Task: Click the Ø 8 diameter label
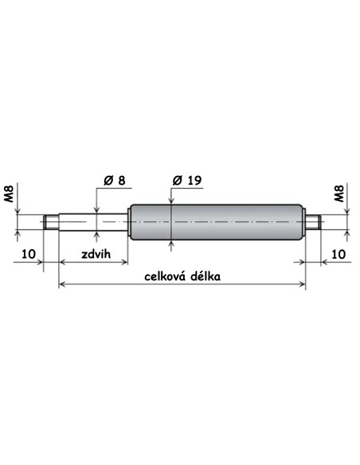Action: (x=115, y=180)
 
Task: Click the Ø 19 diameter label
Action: (x=187, y=180)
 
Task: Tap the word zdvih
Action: (x=96, y=254)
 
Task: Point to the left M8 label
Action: (x=9, y=193)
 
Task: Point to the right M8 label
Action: (x=338, y=193)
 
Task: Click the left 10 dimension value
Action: (x=29, y=254)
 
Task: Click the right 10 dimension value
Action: (x=338, y=254)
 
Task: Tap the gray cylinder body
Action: (x=217, y=222)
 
